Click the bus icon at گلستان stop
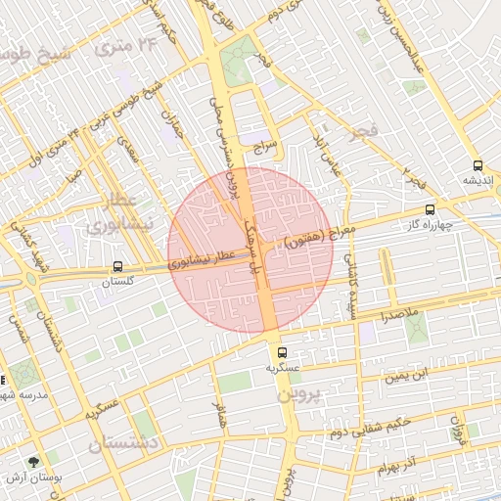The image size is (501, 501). coord(117,266)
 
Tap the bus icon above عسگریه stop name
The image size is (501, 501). coord(282,352)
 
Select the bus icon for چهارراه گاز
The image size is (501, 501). coord(430,209)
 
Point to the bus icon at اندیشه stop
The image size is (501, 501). coord(478,165)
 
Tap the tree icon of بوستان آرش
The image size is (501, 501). coord(35,460)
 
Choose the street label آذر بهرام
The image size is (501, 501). coord(395,463)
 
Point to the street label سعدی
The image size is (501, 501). coord(128,154)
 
